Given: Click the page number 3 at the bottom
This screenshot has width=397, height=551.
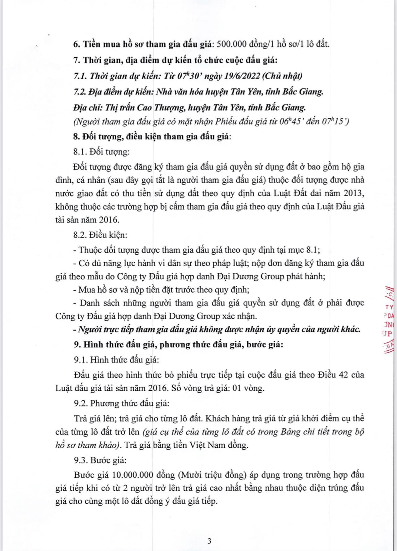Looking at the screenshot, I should point(209,541).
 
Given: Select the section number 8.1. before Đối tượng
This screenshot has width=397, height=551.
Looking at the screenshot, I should point(80,152).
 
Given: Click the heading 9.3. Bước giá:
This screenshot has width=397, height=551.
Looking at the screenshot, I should point(100,460).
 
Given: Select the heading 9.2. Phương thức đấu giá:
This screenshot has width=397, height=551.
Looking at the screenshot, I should point(121,403).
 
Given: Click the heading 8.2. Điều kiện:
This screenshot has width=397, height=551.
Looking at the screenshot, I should point(100,235).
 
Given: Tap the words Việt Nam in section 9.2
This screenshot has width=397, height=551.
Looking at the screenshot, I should point(205,445).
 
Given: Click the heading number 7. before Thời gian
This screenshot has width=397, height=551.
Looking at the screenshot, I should point(77,60).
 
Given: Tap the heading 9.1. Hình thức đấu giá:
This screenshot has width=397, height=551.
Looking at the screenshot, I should point(117,360).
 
